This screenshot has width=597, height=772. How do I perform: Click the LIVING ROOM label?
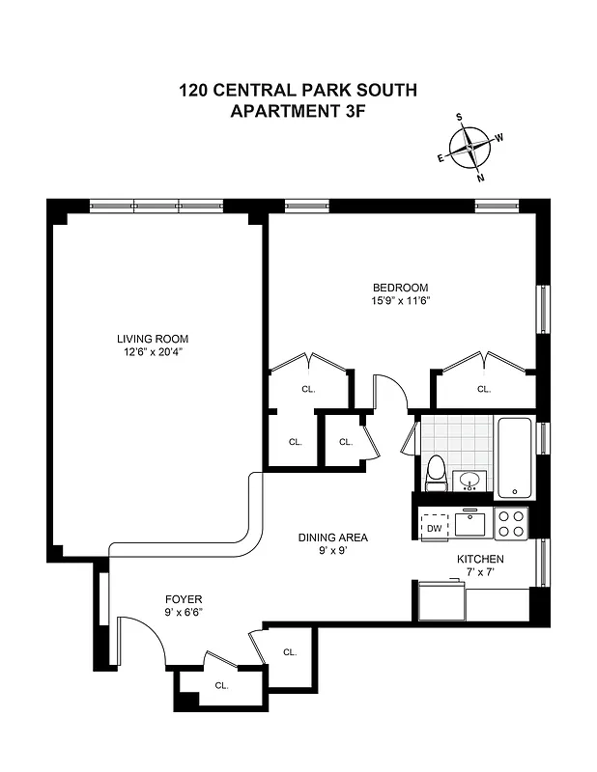153,339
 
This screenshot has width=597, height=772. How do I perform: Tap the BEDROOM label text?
400,288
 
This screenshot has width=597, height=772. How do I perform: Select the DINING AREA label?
332,538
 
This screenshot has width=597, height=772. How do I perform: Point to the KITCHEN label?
480,559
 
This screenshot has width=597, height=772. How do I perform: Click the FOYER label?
183,599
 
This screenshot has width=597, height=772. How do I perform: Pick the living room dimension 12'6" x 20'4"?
153,352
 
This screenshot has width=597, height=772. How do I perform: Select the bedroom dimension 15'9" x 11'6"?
400,300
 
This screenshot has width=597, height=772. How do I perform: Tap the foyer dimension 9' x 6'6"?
183,612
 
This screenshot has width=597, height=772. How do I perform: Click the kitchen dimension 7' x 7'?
480,571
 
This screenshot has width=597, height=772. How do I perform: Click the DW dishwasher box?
434,528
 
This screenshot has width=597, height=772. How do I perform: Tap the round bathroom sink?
471,479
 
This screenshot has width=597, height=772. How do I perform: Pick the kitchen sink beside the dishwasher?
471,524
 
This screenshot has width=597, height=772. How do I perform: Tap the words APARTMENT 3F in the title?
298,111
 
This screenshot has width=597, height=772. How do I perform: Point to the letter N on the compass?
481,178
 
